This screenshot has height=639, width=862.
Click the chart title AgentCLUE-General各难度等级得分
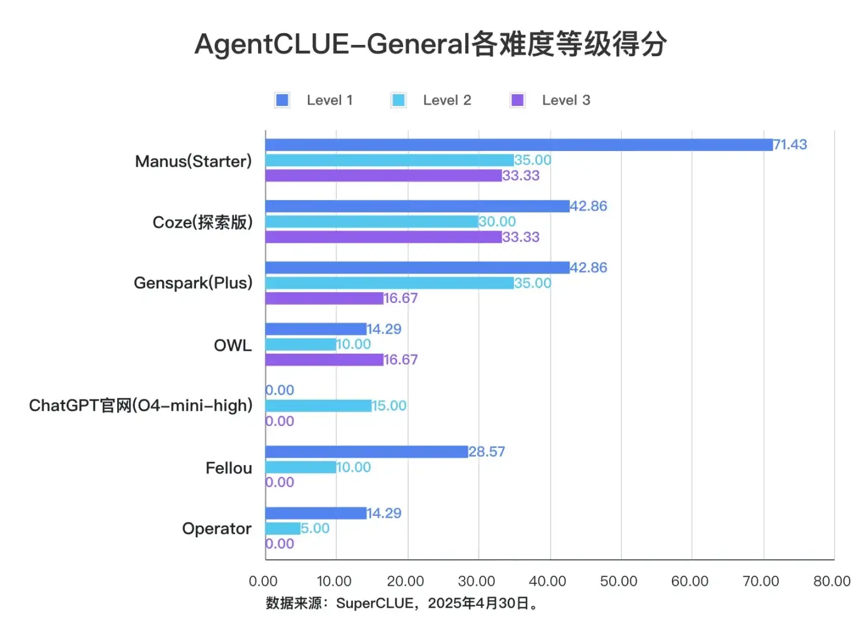coord(430,44)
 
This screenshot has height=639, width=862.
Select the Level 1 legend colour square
coord(282,100)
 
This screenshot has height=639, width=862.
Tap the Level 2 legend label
coord(447,100)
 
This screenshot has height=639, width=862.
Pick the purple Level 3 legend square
coord(517,100)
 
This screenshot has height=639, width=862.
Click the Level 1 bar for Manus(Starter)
coord(519,145)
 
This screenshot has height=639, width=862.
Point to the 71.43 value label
coord(790,145)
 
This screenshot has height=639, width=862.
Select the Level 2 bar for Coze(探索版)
coord(372,222)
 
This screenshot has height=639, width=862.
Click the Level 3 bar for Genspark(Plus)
coord(324,298)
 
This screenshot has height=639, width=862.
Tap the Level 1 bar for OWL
coord(316,329)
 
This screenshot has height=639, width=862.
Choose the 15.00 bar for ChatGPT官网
coord(319,406)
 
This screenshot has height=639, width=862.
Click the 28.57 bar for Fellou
coord(366,452)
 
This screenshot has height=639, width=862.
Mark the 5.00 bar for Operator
coord(283,528)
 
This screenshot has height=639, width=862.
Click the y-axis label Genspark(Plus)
coord(193,283)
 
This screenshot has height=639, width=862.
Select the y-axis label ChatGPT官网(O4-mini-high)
coord(141,405)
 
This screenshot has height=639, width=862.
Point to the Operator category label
coord(217,528)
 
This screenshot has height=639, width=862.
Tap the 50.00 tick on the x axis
coord(619,581)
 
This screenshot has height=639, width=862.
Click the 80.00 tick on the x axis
coord(832,581)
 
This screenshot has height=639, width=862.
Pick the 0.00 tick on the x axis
coord(263,581)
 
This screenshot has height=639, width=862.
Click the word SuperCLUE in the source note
coord(375,603)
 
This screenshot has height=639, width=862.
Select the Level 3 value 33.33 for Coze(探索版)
coord(521,237)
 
